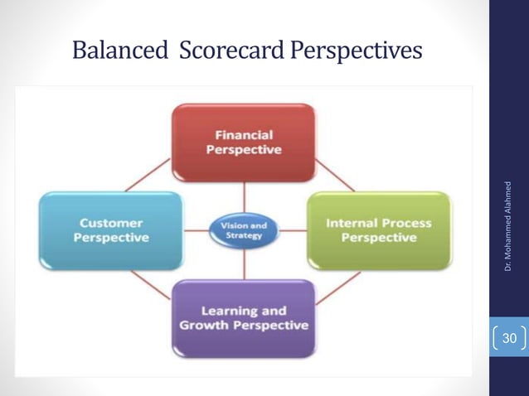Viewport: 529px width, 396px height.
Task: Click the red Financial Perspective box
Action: coord(243,142)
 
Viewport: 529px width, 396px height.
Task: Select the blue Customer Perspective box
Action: coord(110,230)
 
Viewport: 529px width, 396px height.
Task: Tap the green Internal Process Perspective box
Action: coord(379,230)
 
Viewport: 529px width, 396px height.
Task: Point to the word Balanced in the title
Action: coord(119,51)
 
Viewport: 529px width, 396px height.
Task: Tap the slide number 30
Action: coord(509,338)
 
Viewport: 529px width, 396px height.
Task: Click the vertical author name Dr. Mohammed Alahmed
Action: coord(507,225)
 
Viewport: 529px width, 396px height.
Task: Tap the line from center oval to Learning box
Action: coord(244,263)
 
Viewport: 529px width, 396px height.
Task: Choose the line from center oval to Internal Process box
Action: coord(294,229)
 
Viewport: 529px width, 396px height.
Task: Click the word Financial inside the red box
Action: coord(243,134)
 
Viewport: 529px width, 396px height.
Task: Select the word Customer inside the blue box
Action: coord(111,223)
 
